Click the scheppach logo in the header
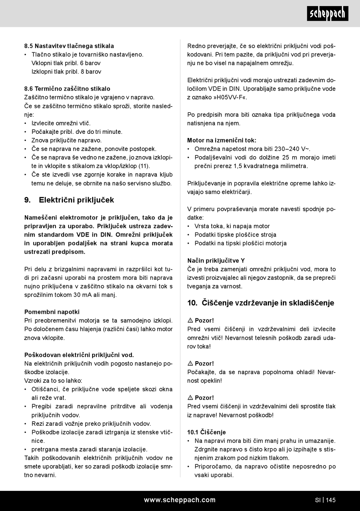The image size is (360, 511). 327,14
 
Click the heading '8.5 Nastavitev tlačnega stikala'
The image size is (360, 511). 69,46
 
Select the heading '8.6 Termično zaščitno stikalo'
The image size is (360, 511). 67,89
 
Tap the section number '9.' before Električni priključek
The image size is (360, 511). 27,200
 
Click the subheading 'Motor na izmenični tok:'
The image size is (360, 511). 222,140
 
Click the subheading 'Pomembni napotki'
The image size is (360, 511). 52,312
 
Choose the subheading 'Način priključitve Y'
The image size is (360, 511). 216,260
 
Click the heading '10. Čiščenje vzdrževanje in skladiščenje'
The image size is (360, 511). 261,303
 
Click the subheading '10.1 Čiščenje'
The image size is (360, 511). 207,432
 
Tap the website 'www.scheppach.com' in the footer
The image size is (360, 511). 180,500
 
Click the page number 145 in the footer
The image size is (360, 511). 330,500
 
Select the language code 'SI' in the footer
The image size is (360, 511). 318,500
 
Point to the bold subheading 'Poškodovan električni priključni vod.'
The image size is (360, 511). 79,355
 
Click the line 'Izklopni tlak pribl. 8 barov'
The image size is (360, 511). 66,72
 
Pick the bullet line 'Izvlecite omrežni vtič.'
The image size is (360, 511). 61,123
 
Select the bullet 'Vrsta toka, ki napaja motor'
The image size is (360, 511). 232,226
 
